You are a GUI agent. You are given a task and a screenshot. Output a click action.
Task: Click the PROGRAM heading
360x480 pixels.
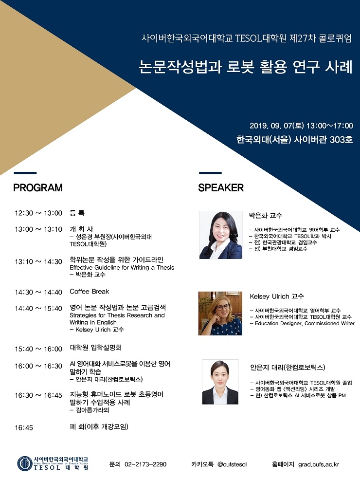[38, 187]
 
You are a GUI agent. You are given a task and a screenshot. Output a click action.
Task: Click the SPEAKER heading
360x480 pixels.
[221, 187]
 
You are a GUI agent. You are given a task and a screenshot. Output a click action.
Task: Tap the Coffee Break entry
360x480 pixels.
[90, 292]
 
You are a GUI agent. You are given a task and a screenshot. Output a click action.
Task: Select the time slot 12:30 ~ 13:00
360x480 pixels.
[38, 213]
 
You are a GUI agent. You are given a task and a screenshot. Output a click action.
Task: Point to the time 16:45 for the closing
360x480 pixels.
[24, 427]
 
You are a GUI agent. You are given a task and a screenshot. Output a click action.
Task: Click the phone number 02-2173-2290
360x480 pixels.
[145, 464]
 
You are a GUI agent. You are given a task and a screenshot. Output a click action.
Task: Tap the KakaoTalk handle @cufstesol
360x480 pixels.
[232, 464]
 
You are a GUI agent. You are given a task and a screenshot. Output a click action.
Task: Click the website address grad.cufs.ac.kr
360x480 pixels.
[319, 464]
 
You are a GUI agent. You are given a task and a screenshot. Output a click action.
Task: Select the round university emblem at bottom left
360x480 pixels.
[25, 463]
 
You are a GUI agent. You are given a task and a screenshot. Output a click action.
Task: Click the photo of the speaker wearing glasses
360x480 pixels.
[220, 313]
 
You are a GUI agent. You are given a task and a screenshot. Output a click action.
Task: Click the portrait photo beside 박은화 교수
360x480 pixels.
[220, 235]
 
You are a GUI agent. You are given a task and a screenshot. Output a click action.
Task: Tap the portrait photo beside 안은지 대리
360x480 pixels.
[220, 382]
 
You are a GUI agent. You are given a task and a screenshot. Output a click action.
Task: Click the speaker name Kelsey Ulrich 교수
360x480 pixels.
[277, 296]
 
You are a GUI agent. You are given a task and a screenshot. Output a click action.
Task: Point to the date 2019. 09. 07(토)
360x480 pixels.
[277, 126]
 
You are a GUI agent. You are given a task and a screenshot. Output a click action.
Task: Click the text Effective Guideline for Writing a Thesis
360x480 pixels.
[122, 268]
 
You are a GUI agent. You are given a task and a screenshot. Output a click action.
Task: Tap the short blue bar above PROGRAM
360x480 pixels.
[25, 173]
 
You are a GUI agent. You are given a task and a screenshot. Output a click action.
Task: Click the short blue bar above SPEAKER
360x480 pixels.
[210, 173]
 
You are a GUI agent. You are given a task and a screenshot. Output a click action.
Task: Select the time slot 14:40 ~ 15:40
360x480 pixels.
[38, 309]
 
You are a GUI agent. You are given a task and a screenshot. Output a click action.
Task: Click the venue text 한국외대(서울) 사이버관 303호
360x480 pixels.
[295, 140]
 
